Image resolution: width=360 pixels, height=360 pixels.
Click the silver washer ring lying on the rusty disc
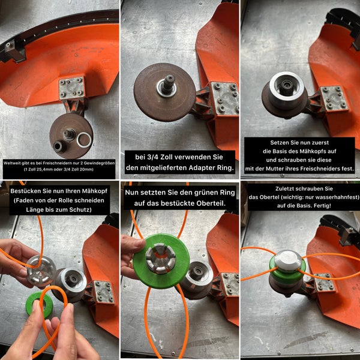click(85, 140)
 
